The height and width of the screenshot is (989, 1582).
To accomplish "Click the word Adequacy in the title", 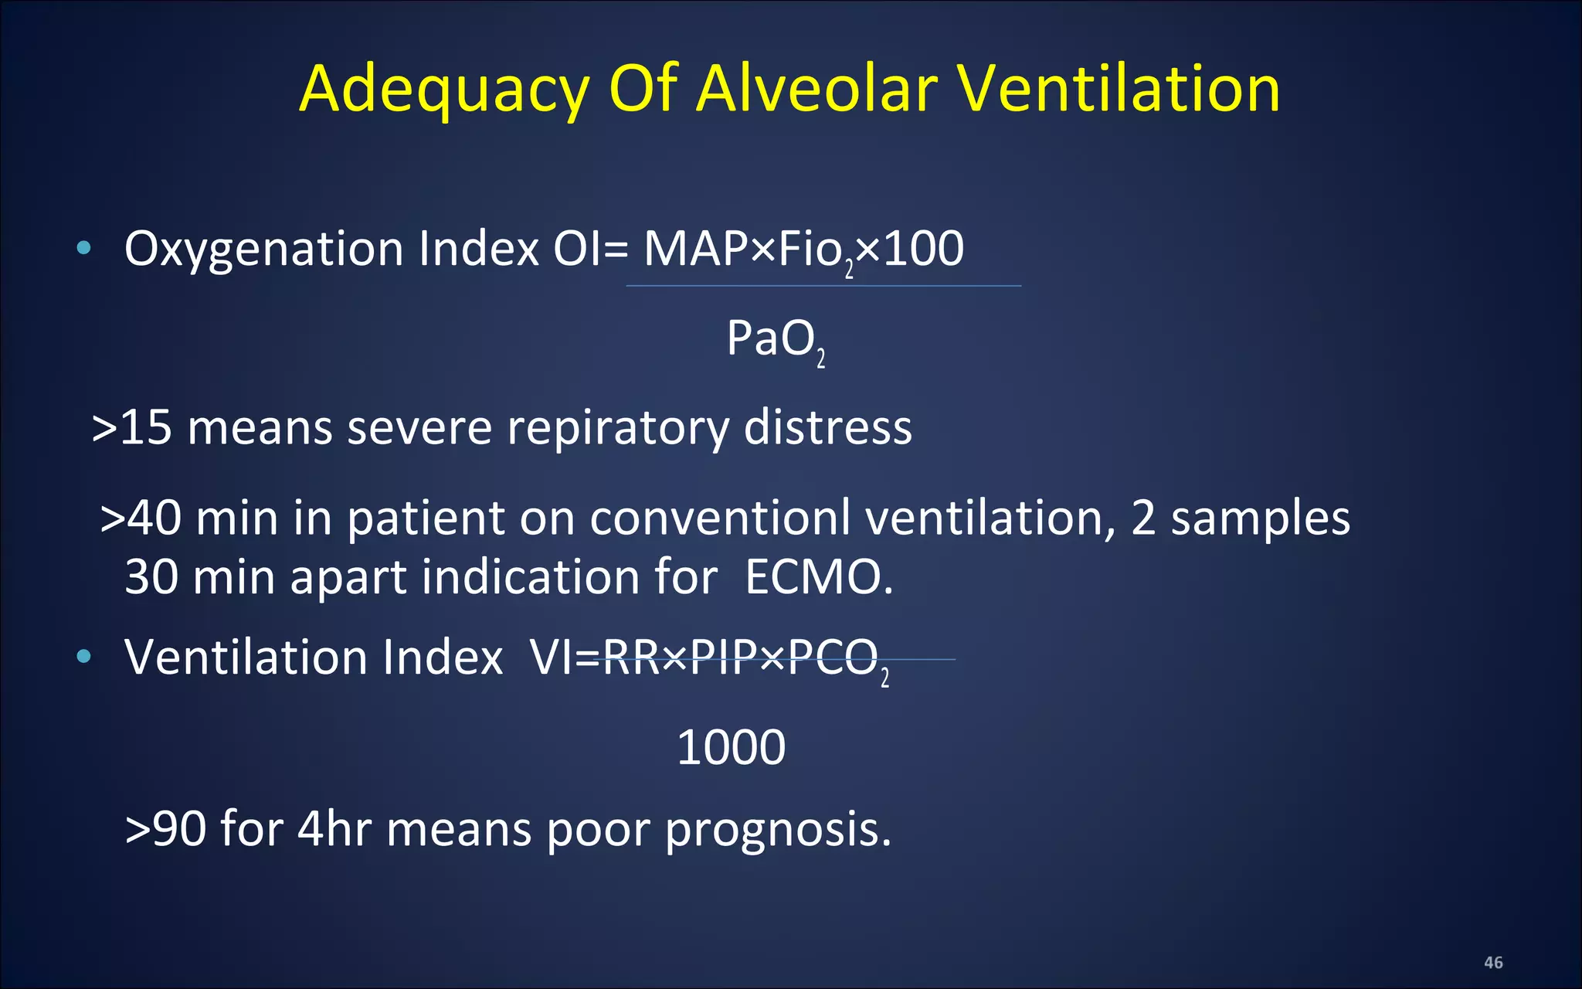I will tap(444, 89).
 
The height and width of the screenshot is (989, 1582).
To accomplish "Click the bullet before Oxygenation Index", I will tap(84, 248).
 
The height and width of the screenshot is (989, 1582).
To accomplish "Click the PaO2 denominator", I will tap(775, 340).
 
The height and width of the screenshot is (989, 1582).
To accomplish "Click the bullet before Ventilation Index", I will tap(84, 657).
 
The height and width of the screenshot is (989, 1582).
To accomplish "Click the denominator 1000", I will tap(731, 747).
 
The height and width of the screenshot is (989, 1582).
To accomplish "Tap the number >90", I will tap(165, 829).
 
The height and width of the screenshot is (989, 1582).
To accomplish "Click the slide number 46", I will tap(1493, 963).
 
